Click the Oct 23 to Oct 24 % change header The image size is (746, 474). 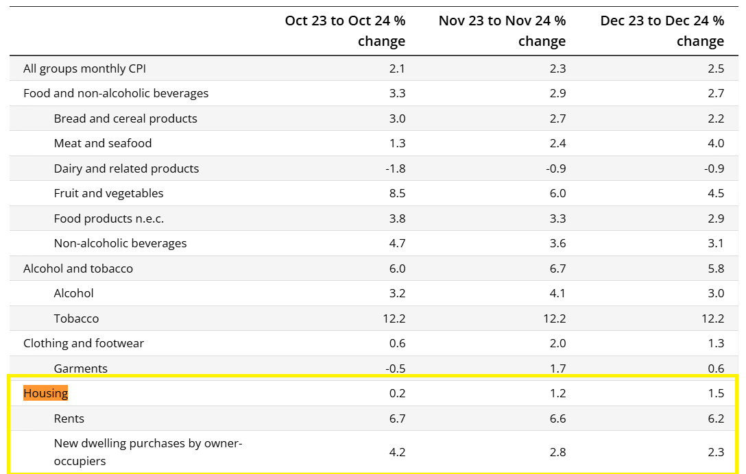[345, 31]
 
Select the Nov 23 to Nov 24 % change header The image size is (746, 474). [502, 31]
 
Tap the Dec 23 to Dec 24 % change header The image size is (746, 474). [662, 31]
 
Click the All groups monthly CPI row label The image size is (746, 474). [84, 68]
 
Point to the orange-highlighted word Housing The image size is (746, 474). [46, 393]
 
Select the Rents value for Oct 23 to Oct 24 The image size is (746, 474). [397, 419]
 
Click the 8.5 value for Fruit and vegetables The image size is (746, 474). [397, 193]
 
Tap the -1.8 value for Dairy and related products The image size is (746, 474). [395, 169]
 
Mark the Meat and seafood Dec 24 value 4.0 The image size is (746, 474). [716, 143]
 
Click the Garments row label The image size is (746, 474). [81, 369]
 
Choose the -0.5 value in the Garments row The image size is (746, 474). [395, 369]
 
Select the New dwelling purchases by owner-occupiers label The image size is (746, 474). [148, 452]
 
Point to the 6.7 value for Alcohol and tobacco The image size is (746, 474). [557, 269]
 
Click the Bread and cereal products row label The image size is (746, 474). [125, 118]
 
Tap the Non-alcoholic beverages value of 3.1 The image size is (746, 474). [716, 243]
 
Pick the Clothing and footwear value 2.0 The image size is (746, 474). [557, 343]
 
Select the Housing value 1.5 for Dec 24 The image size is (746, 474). [716, 393]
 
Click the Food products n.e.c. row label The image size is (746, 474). [109, 219]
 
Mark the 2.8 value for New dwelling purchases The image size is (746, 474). [557, 452]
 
